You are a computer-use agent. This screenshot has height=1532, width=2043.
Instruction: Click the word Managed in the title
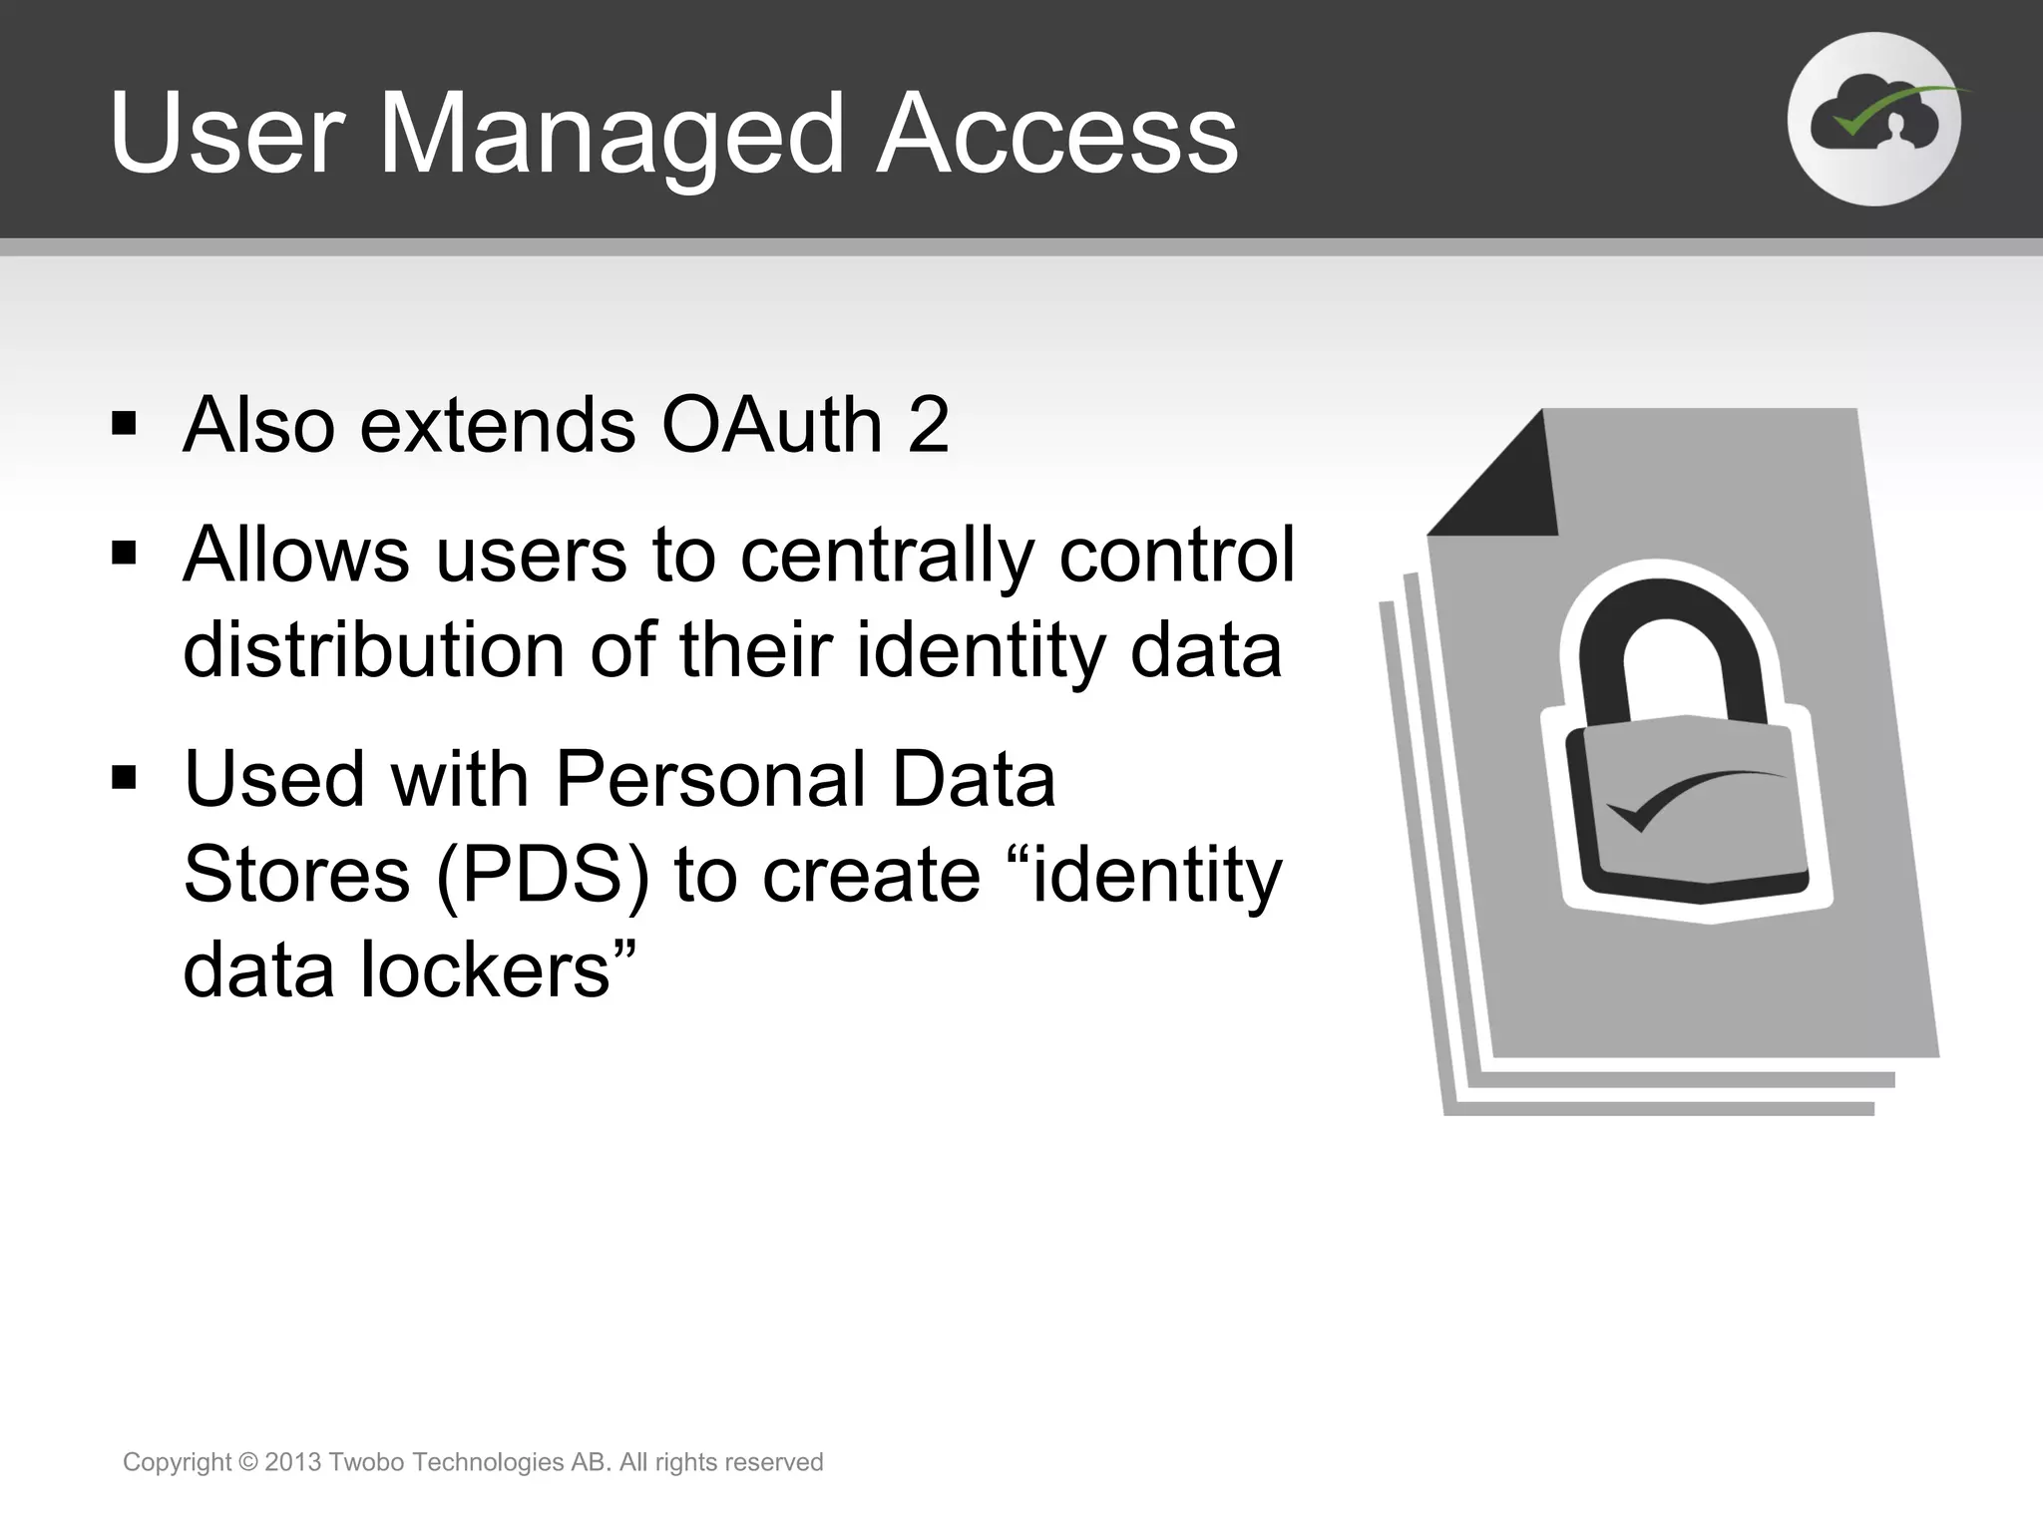point(612,135)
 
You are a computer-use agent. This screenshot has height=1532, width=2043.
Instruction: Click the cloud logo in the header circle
point(1874,121)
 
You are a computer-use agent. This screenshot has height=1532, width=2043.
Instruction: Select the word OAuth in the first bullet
point(772,426)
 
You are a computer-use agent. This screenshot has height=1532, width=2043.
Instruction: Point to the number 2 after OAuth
point(929,426)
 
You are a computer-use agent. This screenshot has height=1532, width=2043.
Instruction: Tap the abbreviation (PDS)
point(543,875)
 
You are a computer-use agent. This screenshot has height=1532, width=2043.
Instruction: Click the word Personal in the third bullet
point(709,779)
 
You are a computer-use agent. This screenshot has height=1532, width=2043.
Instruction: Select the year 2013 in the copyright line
point(292,1462)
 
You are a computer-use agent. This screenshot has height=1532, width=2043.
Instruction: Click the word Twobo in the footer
point(366,1462)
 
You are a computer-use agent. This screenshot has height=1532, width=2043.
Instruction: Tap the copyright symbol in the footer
point(248,1463)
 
